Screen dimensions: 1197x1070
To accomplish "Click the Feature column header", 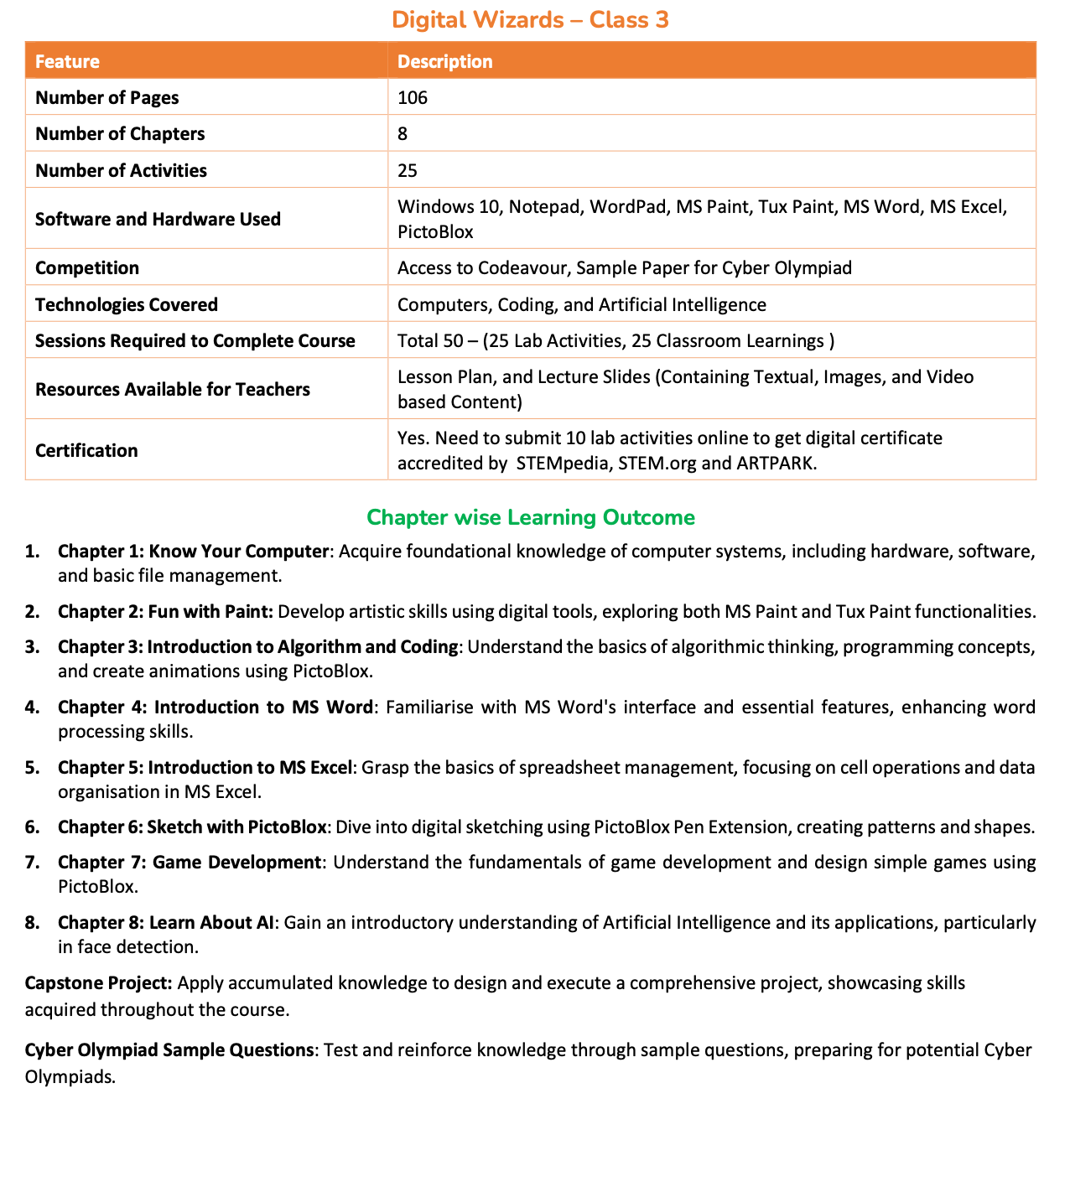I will [x=67, y=61].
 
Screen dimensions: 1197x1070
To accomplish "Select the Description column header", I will [x=444, y=61].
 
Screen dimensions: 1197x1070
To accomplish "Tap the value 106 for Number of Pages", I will [x=413, y=97].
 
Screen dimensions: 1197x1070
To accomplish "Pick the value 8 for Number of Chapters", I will [x=403, y=133].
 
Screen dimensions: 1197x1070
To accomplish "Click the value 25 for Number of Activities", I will [x=408, y=170].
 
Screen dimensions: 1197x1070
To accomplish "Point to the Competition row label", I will [x=87, y=268].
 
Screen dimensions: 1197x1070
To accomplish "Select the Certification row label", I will [x=86, y=450].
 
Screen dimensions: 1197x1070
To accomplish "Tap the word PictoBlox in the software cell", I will [x=435, y=231].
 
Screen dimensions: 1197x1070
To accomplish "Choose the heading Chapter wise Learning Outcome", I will [x=531, y=517].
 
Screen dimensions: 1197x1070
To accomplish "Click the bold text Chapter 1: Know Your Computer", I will [x=192, y=552].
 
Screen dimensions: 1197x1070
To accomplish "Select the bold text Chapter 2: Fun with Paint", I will [x=165, y=612].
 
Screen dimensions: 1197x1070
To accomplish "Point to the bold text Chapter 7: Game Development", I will [x=190, y=863].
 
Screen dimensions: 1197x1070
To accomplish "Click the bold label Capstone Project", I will [x=99, y=982].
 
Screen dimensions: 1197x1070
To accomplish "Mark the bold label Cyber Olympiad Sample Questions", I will [x=169, y=1050].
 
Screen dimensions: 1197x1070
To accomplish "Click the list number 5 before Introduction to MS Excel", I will [x=31, y=768].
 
